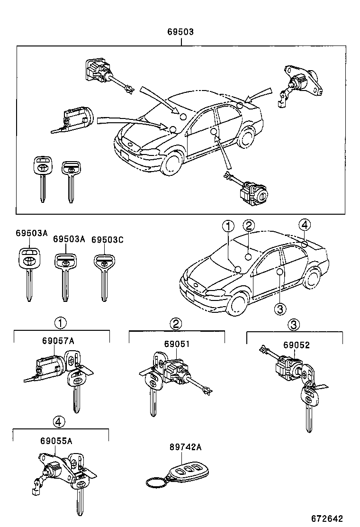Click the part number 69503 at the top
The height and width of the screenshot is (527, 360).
click(180, 32)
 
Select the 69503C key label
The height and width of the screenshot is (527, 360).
click(107, 240)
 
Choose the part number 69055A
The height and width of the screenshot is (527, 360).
click(56, 441)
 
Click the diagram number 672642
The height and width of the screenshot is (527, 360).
click(327, 518)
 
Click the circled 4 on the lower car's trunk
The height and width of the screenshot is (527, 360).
click(305, 225)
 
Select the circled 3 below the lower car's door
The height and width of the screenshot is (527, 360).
click(280, 309)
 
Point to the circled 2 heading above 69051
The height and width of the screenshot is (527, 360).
click(176, 324)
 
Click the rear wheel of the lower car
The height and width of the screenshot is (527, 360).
click(313, 278)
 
